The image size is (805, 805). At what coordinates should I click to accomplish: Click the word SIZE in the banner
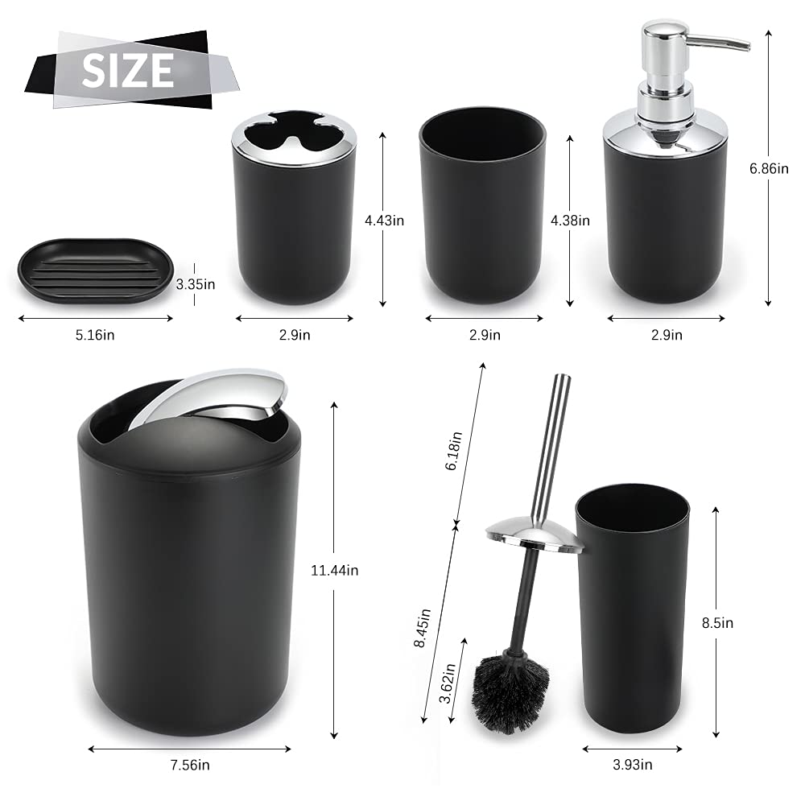point(128,70)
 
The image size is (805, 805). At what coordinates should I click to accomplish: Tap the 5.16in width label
point(95,335)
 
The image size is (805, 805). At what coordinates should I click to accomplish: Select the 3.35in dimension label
point(196,284)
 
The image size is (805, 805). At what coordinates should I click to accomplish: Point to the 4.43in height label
point(385,221)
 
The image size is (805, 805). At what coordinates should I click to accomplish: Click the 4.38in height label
point(571,221)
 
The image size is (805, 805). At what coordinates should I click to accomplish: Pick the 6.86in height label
point(769,168)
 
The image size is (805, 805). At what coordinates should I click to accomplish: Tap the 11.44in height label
point(335,571)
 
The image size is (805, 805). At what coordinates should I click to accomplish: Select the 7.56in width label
point(190,765)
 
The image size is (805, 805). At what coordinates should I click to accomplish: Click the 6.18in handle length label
point(453,451)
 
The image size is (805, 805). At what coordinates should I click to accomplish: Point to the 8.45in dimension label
point(422,628)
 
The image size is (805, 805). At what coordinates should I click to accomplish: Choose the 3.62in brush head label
point(447,683)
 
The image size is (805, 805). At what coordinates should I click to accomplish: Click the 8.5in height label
point(718,623)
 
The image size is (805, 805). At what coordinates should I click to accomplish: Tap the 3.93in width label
point(633,765)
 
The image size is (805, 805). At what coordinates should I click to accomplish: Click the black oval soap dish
point(96,270)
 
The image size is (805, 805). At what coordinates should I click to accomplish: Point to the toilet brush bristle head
point(510,693)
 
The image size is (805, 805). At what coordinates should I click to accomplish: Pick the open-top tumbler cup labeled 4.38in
point(482,204)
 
